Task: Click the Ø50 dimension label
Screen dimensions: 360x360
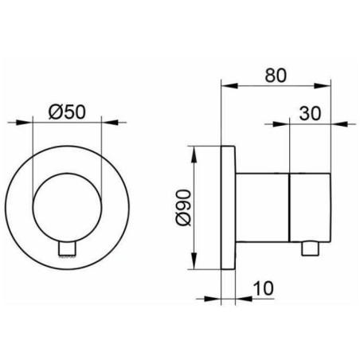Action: pos(67,112)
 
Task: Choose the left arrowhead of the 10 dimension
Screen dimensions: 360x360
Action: pos(218,298)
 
